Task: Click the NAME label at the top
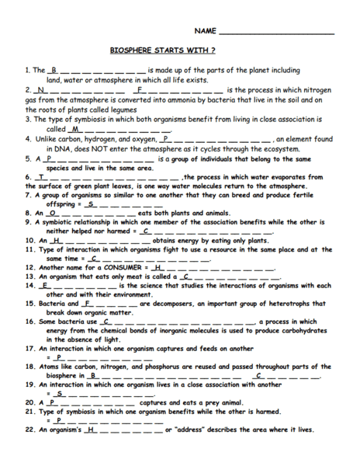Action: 205,31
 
